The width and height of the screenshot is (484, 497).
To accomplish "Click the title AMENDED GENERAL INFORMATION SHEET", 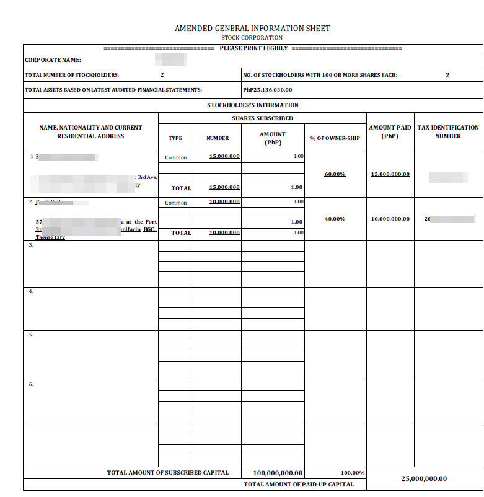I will (252, 29).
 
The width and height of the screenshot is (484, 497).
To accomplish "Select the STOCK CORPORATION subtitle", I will (252, 38).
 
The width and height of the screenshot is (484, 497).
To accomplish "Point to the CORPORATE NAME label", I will (53, 61).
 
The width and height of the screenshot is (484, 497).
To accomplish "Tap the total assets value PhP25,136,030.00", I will (268, 90).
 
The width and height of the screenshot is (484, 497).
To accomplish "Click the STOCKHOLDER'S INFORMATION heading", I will (252, 105).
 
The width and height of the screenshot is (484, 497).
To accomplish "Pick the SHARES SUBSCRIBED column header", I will (262, 118).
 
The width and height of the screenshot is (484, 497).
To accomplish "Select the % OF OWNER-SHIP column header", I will (335, 138).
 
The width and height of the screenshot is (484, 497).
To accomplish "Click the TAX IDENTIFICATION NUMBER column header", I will (448, 131).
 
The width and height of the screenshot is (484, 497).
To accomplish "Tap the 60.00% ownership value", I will (335, 174).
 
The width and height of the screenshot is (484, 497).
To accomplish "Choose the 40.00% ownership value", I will (335, 219).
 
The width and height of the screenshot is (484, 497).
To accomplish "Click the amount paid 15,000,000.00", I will (390, 174).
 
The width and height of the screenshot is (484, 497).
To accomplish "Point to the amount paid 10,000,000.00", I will (390, 219).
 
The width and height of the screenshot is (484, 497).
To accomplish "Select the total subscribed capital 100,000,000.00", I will (278, 473).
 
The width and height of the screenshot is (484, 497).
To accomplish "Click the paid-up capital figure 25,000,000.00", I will (424, 478).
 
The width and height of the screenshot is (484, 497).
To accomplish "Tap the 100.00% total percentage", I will (353, 473).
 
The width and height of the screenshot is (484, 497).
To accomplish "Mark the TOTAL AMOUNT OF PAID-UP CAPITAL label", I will (299, 484).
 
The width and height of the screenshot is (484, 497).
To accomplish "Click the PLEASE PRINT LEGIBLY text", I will (253, 48).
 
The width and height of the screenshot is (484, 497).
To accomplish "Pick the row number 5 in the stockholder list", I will (31, 335).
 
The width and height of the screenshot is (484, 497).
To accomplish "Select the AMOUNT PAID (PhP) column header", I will (390, 131).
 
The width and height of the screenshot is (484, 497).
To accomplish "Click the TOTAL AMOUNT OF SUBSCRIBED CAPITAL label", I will (167, 473).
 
